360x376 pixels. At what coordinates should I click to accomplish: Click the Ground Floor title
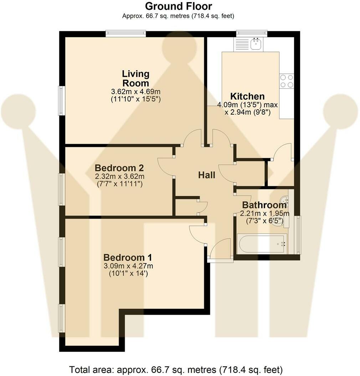pyautogui.click(x=179, y=6)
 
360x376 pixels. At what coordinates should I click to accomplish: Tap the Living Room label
pyautogui.click(x=135, y=79)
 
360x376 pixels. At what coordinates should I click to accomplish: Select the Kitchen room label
pyautogui.click(x=247, y=96)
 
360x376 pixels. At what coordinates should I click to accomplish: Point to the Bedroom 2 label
pyautogui.click(x=119, y=168)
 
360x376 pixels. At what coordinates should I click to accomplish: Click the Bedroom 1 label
pyautogui.click(x=128, y=257)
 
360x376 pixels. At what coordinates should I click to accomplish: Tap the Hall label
pyautogui.click(x=207, y=175)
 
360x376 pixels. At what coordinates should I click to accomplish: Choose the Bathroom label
pyautogui.click(x=264, y=205)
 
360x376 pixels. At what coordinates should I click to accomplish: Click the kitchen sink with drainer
pyautogui.click(x=248, y=45)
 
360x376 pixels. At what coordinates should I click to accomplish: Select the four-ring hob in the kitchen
pyautogui.click(x=287, y=81)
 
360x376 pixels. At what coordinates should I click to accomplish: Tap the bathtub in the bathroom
pyautogui.click(x=261, y=244)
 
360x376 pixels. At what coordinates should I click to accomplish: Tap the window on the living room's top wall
pyautogui.click(x=126, y=34)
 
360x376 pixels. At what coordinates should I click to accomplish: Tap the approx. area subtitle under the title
pyautogui.click(x=178, y=16)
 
